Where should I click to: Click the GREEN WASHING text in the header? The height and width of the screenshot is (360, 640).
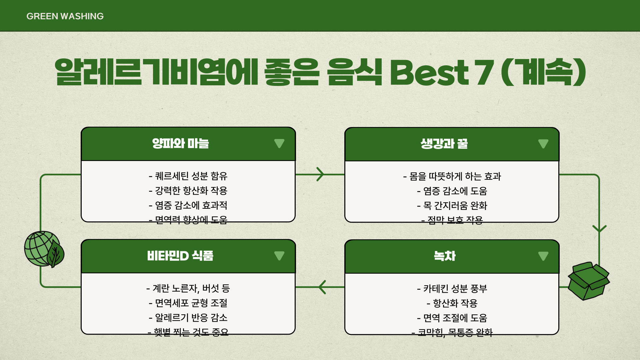(65, 16)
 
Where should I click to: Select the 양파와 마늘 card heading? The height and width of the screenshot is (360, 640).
(180, 144)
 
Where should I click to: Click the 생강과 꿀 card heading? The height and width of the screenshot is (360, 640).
(444, 144)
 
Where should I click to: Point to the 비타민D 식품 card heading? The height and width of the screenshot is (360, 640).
(180, 256)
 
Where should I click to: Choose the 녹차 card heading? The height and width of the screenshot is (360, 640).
(445, 256)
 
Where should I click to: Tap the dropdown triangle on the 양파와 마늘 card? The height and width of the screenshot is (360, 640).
(279, 143)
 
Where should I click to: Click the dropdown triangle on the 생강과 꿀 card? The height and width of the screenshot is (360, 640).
(543, 144)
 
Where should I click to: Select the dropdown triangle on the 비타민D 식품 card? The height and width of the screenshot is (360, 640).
(279, 256)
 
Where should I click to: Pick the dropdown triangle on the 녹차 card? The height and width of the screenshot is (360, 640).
(543, 256)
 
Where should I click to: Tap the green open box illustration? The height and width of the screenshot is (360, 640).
(589, 281)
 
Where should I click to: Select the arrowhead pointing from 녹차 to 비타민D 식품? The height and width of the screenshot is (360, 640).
(322, 287)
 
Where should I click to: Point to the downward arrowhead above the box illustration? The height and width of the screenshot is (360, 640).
(599, 229)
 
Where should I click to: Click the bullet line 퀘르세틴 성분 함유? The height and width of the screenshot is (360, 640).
(188, 176)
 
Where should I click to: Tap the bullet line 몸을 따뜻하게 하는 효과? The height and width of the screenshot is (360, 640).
(452, 176)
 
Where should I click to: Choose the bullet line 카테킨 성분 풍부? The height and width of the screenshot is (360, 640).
(452, 288)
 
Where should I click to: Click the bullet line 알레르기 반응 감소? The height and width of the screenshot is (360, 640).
(188, 318)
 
